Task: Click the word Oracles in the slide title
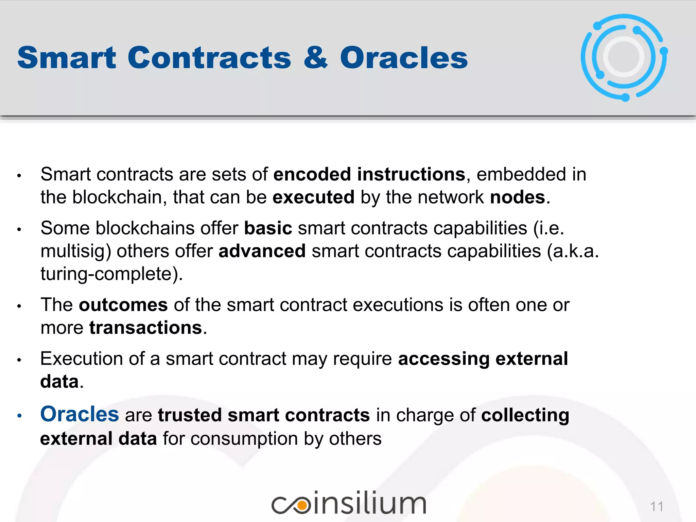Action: point(404,58)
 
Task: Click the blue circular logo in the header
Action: point(624,57)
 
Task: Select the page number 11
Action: point(657,507)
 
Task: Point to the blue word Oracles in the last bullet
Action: point(80,414)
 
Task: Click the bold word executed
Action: point(313,197)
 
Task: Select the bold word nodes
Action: point(517,197)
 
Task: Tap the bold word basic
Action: point(268,228)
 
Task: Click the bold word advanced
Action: point(262,251)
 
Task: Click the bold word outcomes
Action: point(123,305)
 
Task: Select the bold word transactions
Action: point(146,328)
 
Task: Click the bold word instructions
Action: point(411,174)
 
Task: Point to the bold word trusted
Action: point(190,415)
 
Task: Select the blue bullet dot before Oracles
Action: point(19,416)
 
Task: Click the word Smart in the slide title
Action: point(67,58)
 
